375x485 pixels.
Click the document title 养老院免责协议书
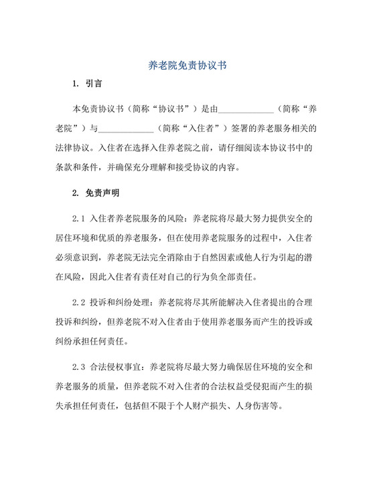pos(187,67)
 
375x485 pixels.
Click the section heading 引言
pos(93,85)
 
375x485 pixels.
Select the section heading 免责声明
pos(102,195)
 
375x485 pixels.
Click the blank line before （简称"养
pos(246,108)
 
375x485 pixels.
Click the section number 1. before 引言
pos(75,85)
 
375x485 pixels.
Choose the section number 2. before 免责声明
pos(75,195)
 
